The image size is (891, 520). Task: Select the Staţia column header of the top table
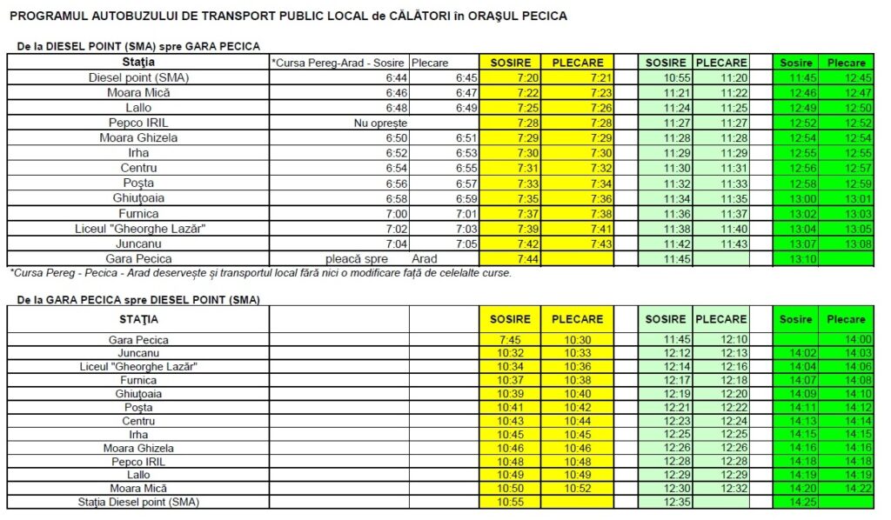(138, 63)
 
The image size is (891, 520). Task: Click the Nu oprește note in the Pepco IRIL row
(374, 123)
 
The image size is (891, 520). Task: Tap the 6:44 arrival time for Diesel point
(396, 77)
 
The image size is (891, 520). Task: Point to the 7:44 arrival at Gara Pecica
(509, 258)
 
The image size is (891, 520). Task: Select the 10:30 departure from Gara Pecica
(577, 339)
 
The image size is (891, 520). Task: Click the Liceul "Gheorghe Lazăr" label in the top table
(138, 229)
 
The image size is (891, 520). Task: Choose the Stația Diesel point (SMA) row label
(138, 502)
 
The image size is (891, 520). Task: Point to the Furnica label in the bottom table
(138, 380)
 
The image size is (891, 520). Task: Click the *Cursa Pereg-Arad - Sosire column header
(338, 63)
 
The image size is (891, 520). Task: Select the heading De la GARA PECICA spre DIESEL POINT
(137, 300)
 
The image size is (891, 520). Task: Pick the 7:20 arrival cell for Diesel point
(509, 77)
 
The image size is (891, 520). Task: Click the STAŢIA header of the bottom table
(138, 319)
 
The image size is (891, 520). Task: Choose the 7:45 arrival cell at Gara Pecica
(509, 339)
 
